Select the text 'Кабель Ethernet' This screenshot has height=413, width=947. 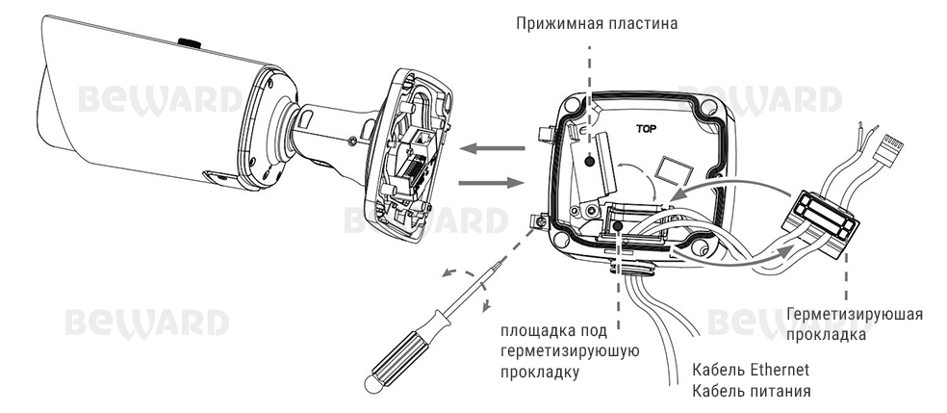[x=751, y=370]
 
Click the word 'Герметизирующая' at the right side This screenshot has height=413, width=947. [x=855, y=316]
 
